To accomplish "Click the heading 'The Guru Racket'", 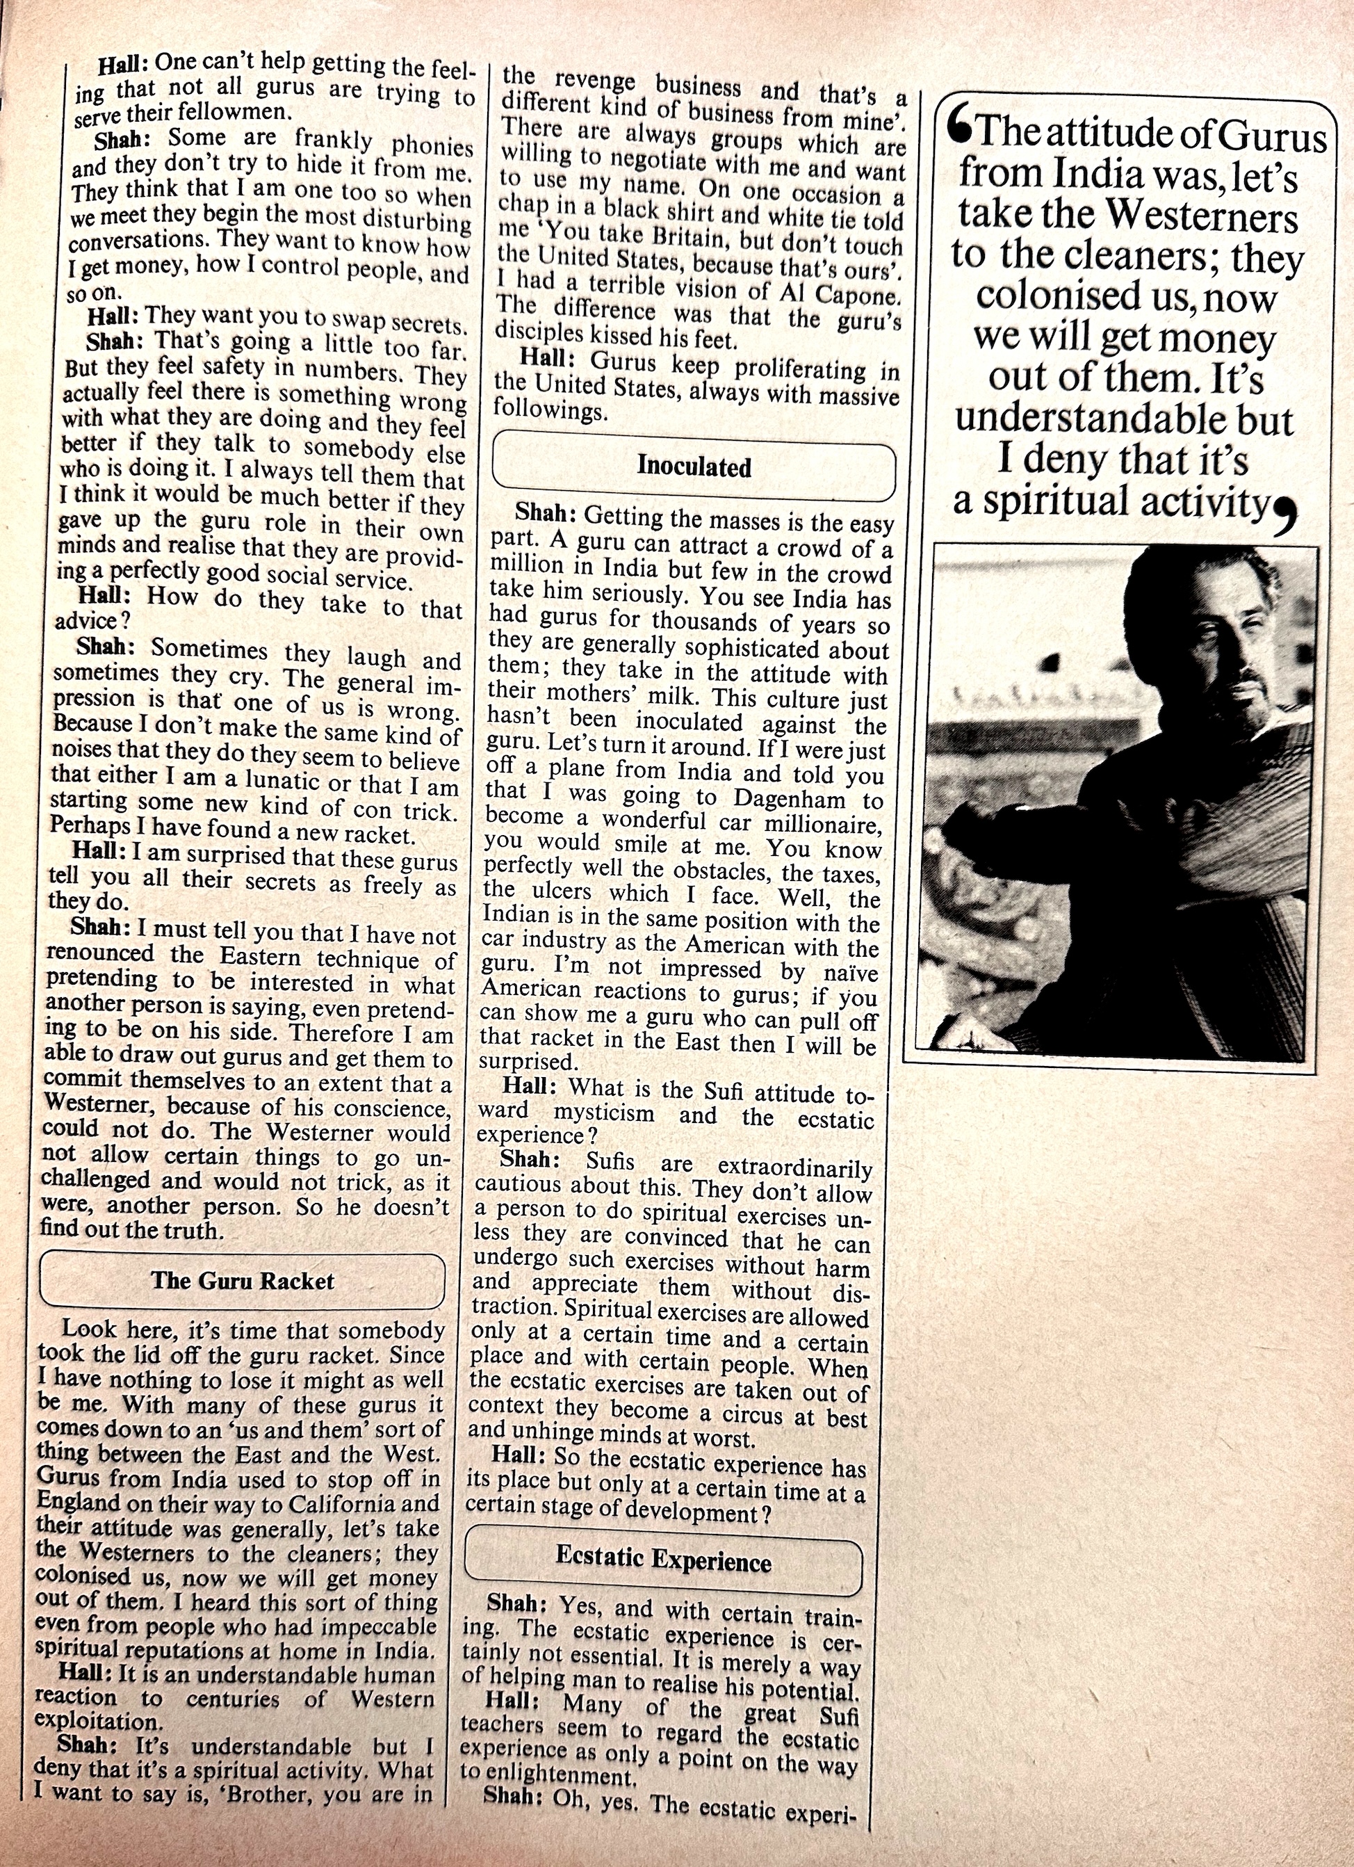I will tap(242, 1281).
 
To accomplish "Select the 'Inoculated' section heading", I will tap(694, 467).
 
